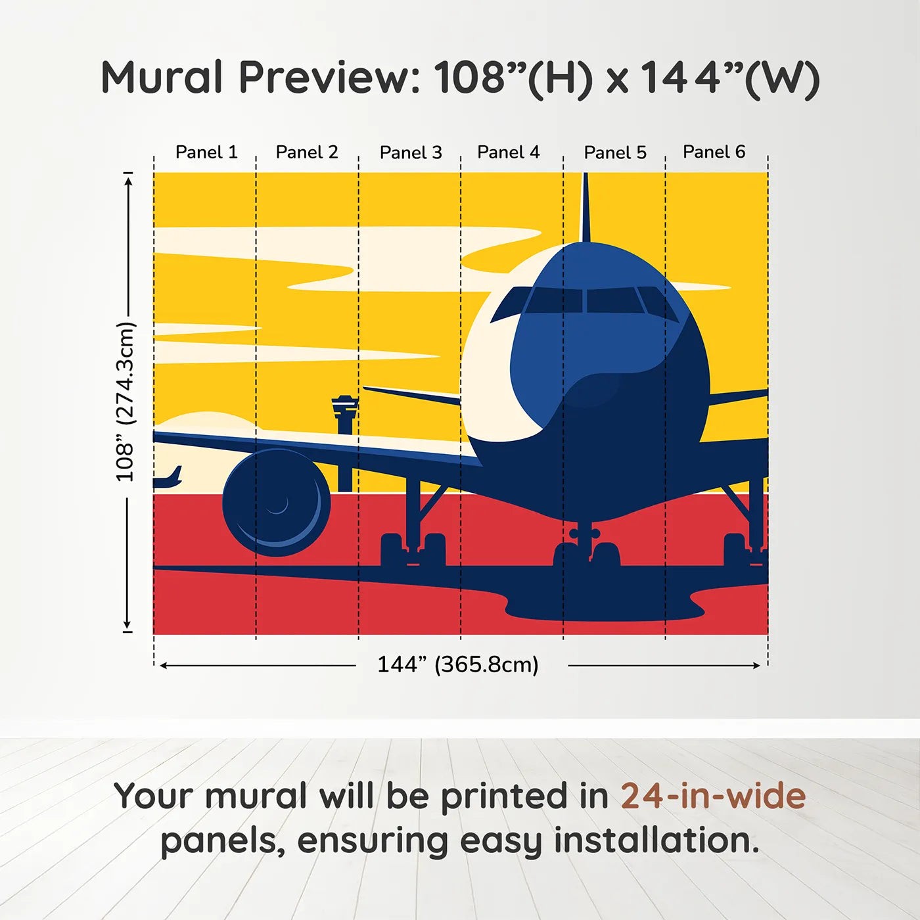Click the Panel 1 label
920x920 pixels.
[x=206, y=152]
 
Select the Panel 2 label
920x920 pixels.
[x=306, y=152]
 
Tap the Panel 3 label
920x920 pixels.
[x=411, y=152]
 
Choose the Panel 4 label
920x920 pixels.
[x=508, y=152]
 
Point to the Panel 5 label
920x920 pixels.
[x=615, y=152]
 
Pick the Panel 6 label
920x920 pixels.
[x=714, y=152]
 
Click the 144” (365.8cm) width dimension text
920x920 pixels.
[x=457, y=664]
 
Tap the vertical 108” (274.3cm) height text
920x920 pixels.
[x=125, y=402]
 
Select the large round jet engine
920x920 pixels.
[x=276, y=503]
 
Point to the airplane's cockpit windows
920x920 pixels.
[x=585, y=300]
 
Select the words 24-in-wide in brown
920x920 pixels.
[x=713, y=796]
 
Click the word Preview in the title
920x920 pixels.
[x=329, y=78]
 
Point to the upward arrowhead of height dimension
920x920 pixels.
[x=129, y=179]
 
